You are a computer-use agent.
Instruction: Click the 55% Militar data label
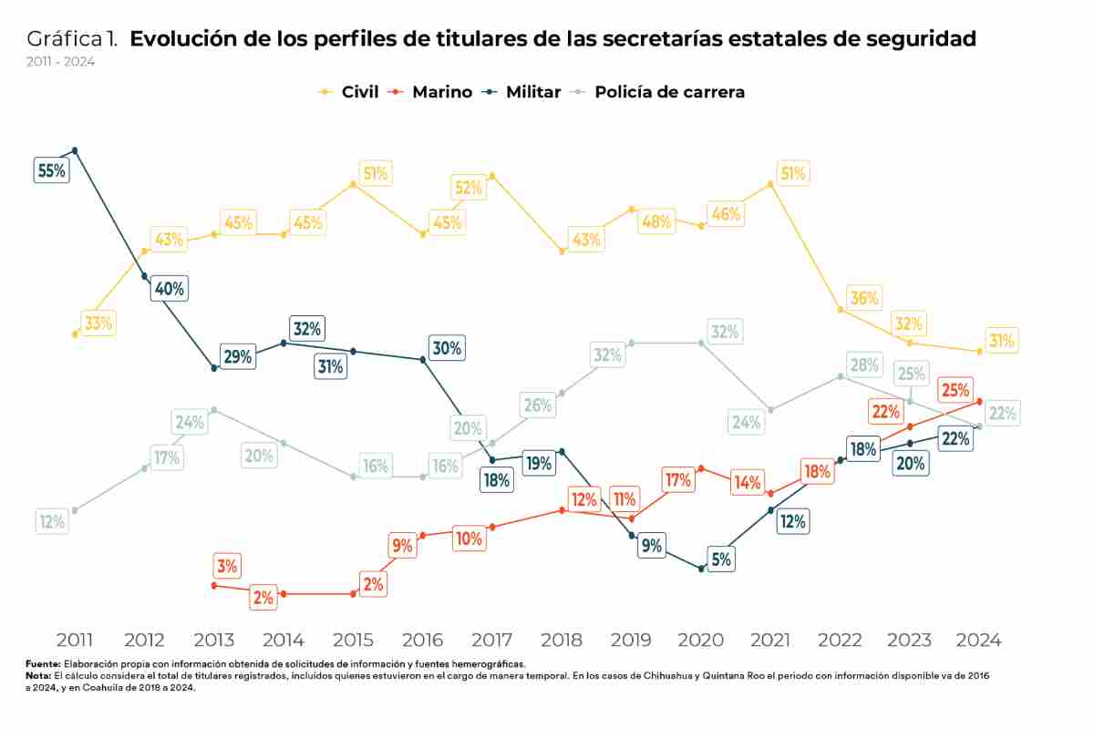tap(51, 169)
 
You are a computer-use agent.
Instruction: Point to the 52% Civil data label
tap(468, 188)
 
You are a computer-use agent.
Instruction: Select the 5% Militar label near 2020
tap(721, 560)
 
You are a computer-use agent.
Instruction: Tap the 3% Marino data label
tap(227, 566)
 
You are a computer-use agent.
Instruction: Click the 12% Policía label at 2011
tap(51, 521)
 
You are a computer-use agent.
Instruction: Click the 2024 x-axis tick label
tap(979, 640)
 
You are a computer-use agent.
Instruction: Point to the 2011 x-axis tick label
tap(74, 640)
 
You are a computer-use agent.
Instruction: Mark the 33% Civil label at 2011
tap(98, 323)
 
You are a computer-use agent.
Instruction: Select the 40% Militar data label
tap(170, 289)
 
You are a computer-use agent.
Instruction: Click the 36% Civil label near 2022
tap(863, 298)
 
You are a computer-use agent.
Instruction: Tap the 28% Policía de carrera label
tap(863, 365)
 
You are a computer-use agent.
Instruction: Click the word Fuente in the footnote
tap(43, 665)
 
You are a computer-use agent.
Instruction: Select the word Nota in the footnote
tap(39, 676)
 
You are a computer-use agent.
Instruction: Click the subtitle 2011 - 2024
tap(60, 62)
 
